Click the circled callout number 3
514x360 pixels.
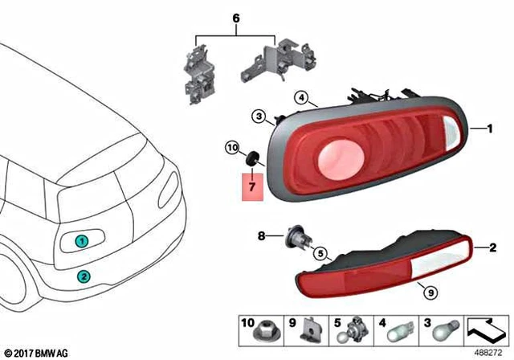(x=259, y=117)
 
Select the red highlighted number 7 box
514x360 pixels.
(x=251, y=187)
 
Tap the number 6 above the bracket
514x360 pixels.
(x=235, y=17)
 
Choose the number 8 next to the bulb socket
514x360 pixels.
(x=261, y=236)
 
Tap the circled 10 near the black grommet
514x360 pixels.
(x=232, y=149)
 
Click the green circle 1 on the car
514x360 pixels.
(x=80, y=241)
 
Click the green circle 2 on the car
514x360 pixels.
(x=84, y=276)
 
